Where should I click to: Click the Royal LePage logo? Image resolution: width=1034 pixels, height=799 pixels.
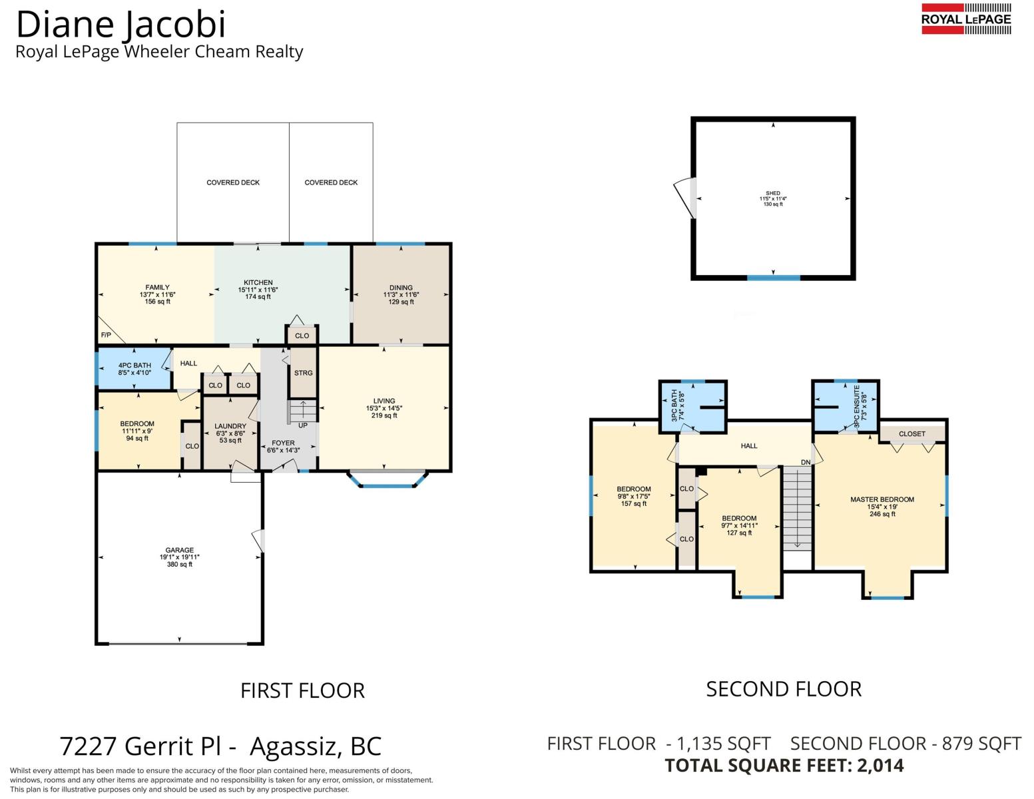pyautogui.click(x=966, y=19)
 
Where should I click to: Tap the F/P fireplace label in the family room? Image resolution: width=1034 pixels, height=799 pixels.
pyautogui.click(x=106, y=335)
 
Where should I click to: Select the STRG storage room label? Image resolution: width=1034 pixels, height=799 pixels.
pyautogui.click(x=303, y=373)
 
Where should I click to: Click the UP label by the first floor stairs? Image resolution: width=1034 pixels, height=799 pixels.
pyautogui.click(x=303, y=425)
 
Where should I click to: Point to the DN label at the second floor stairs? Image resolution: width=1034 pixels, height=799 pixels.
pyautogui.click(x=806, y=462)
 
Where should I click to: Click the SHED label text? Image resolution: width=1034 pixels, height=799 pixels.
pyautogui.click(x=773, y=193)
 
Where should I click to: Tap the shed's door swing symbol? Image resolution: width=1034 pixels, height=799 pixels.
pyautogui.click(x=684, y=198)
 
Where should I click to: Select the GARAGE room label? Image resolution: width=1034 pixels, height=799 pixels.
pyautogui.click(x=179, y=549)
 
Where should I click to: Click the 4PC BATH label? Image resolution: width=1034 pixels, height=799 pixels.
pyautogui.click(x=134, y=365)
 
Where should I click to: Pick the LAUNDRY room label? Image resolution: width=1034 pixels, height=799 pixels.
pyautogui.click(x=230, y=426)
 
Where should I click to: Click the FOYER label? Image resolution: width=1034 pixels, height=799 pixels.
pyautogui.click(x=283, y=443)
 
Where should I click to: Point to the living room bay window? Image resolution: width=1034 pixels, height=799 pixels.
pyautogui.click(x=387, y=479)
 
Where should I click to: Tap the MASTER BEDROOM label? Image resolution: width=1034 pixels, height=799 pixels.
pyautogui.click(x=882, y=499)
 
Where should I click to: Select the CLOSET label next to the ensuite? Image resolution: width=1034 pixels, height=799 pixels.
pyautogui.click(x=911, y=433)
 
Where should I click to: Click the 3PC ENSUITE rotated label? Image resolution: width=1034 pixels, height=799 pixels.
pyautogui.click(x=857, y=406)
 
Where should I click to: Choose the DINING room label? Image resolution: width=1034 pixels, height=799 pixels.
pyautogui.click(x=401, y=288)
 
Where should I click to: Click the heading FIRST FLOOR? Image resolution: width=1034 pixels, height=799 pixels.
pyautogui.click(x=303, y=690)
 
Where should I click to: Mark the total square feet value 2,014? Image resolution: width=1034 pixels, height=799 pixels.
pyautogui.click(x=880, y=765)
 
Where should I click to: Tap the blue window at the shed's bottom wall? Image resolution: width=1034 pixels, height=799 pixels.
pyautogui.click(x=773, y=278)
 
